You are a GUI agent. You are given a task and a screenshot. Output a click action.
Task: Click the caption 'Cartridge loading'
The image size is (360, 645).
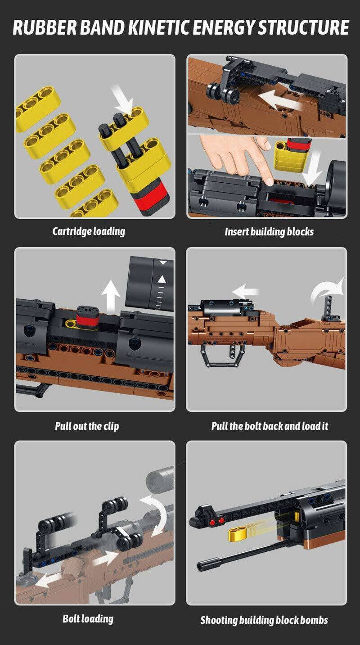coord(89,231)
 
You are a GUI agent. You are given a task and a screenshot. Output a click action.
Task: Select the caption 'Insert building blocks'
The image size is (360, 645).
coord(269,232)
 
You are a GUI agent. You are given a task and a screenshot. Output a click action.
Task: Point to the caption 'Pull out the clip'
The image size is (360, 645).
coord(87,425)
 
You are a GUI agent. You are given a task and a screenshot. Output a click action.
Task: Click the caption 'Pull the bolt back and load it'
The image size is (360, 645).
coord(270,425)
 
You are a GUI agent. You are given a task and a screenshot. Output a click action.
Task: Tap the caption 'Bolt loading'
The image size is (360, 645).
coord(88,618)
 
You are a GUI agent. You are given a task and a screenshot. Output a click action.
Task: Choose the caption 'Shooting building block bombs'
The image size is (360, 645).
coord(264,620)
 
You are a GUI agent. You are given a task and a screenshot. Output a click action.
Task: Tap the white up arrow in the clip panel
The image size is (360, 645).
coord(110,297)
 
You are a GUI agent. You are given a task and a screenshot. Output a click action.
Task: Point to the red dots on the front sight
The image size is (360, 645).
coord(216,521)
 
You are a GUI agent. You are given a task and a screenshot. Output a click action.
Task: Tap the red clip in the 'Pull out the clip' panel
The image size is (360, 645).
coord(89,319)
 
